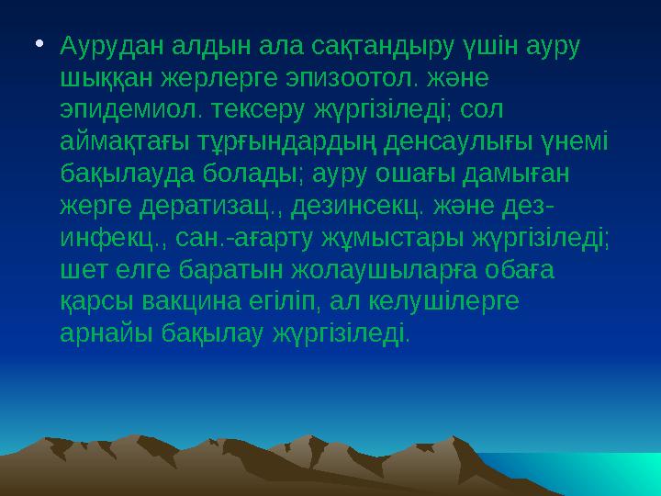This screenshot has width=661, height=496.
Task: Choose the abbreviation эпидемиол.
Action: click(113, 111)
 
